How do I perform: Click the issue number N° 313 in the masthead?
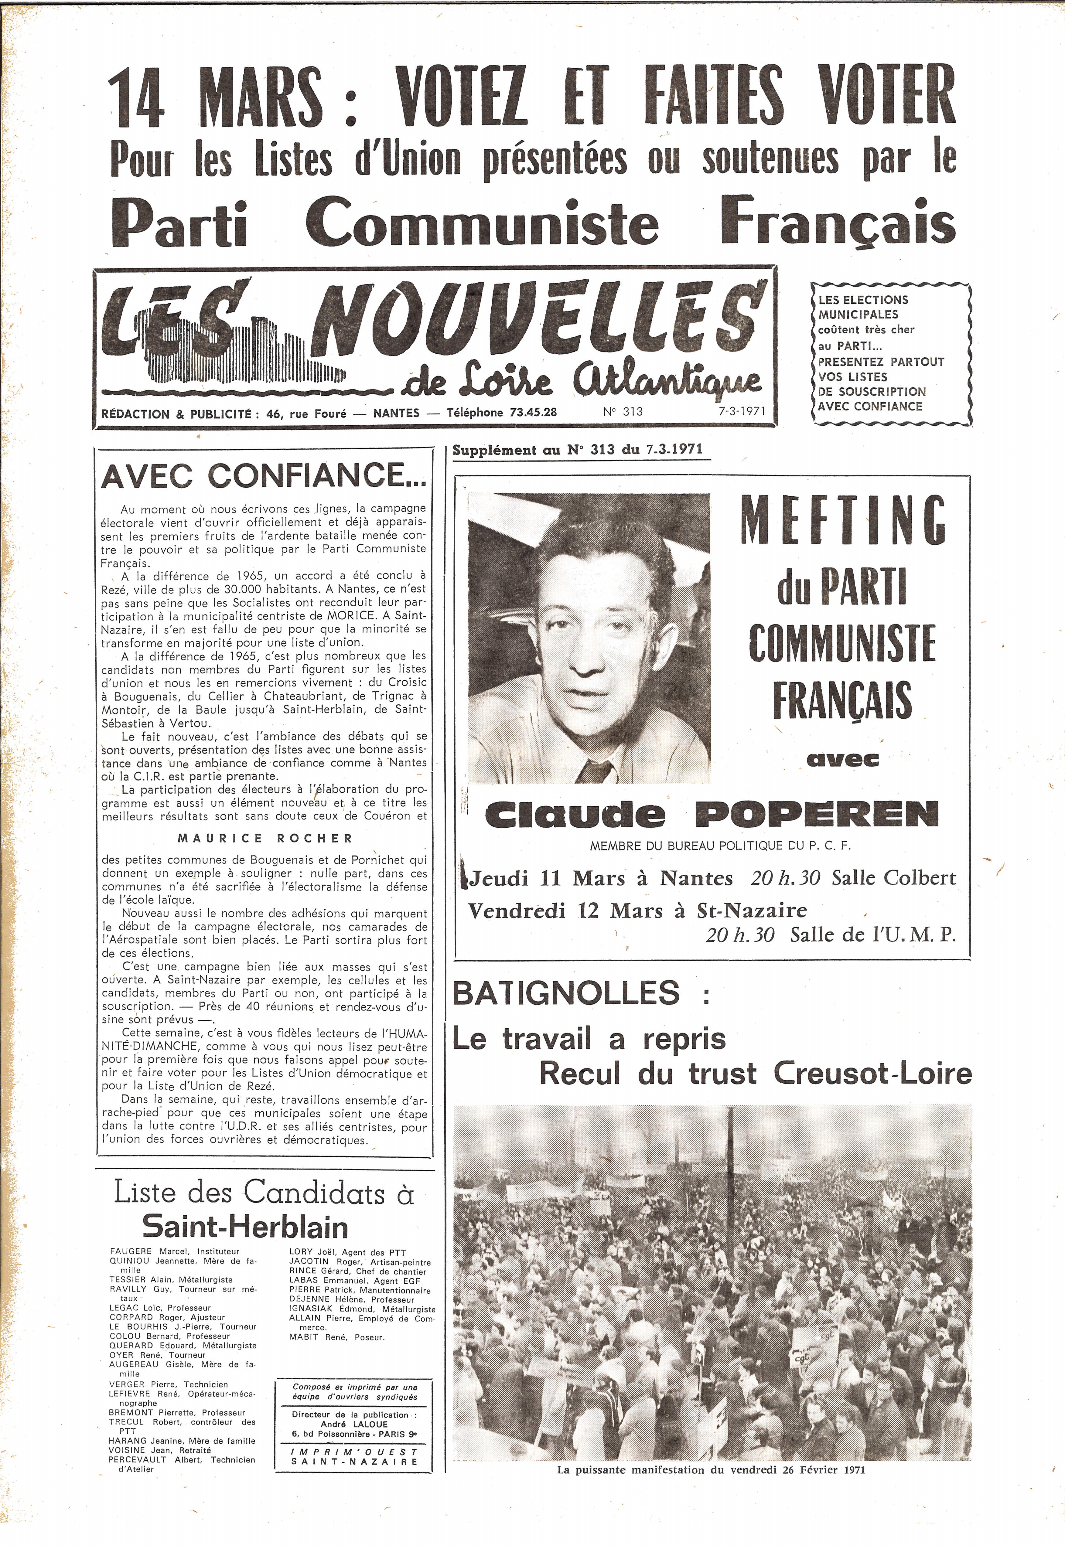pyautogui.click(x=623, y=412)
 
